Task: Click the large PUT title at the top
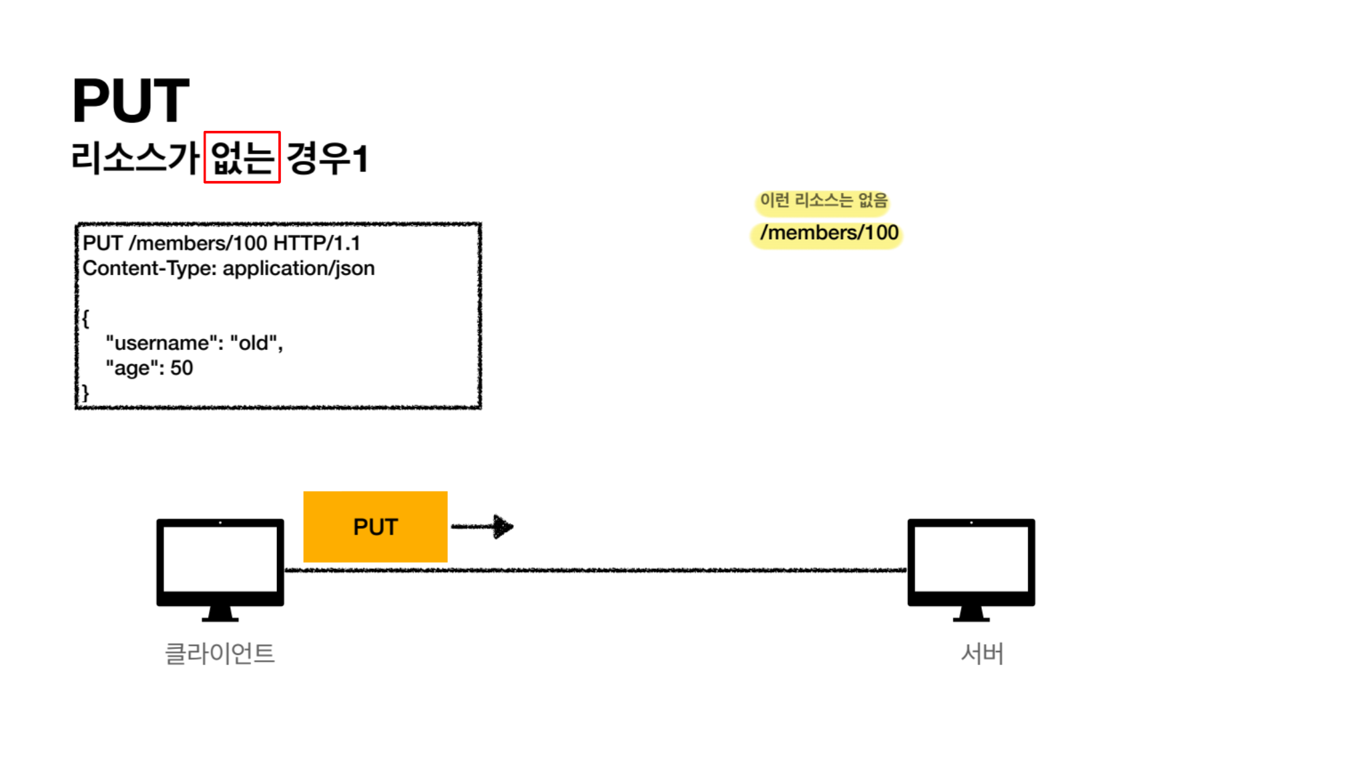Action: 131,100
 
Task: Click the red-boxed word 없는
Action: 242,158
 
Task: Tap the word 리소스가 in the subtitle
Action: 135,158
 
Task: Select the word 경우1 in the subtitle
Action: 327,158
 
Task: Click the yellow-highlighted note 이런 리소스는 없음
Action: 823,200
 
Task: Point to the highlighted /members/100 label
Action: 828,233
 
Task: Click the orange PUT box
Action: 375,527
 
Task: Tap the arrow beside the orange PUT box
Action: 483,526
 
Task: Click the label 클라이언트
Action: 220,653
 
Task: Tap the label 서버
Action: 982,653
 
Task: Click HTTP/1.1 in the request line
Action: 316,243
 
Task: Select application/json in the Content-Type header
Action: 298,268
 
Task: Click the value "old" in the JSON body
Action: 254,343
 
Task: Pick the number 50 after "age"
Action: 182,368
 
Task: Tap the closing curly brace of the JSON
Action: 85,393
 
